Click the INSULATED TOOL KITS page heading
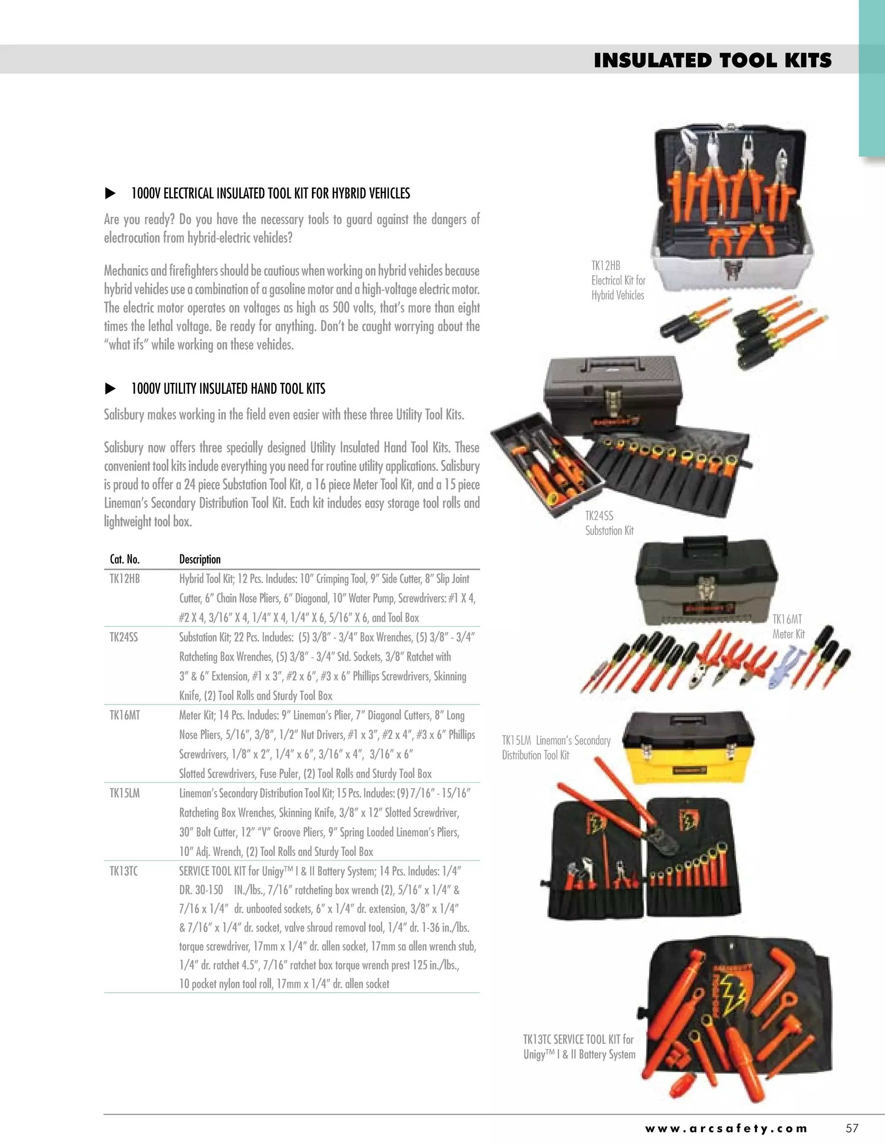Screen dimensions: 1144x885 [712, 61]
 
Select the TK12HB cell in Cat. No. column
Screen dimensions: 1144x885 [125, 579]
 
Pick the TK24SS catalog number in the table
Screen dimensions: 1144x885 [124, 638]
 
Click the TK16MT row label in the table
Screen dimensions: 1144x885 [125, 715]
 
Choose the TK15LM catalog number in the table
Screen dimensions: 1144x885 [124, 793]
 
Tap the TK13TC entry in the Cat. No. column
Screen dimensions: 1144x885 [124, 872]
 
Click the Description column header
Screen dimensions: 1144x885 [200, 559]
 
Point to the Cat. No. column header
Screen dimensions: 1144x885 [125, 559]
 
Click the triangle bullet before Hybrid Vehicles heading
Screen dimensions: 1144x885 [110, 194]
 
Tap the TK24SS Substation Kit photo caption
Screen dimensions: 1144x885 [609, 523]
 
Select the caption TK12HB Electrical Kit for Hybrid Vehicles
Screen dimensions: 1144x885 [618, 281]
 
